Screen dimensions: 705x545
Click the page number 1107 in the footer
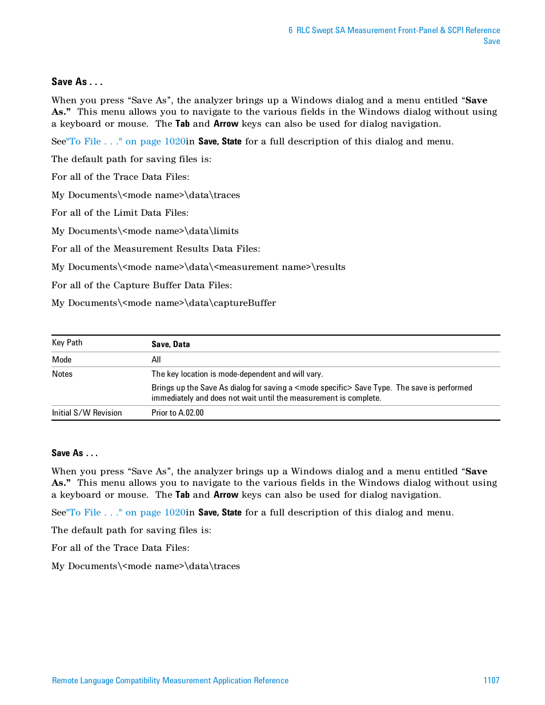[x=491, y=680]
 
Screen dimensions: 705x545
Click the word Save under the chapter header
[x=491, y=41]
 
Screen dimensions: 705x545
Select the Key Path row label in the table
[x=67, y=343]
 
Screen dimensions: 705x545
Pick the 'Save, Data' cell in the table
[x=170, y=344]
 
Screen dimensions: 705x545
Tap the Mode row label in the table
[x=62, y=360]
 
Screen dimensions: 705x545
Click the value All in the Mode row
[x=156, y=360]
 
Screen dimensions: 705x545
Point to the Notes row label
[x=62, y=374]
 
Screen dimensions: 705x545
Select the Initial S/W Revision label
[x=87, y=413]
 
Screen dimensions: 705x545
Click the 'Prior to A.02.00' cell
[x=177, y=413]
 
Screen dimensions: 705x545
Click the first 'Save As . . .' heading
[x=77, y=82]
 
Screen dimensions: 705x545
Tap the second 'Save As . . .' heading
[x=74, y=453]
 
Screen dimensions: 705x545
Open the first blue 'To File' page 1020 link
[x=126, y=141]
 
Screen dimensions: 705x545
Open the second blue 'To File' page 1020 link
[x=126, y=512]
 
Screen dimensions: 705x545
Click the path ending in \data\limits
[x=145, y=231]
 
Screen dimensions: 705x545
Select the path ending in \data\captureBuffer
[x=163, y=303]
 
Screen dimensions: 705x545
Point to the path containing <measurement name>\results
[x=198, y=267]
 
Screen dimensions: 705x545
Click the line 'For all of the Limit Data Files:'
[x=120, y=212]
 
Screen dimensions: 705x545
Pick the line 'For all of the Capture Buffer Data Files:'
[x=142, y=285]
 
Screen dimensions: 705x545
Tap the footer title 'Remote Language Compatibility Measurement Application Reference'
[x=170, y=680]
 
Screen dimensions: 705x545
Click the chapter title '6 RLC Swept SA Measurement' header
[x=394, y=30]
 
